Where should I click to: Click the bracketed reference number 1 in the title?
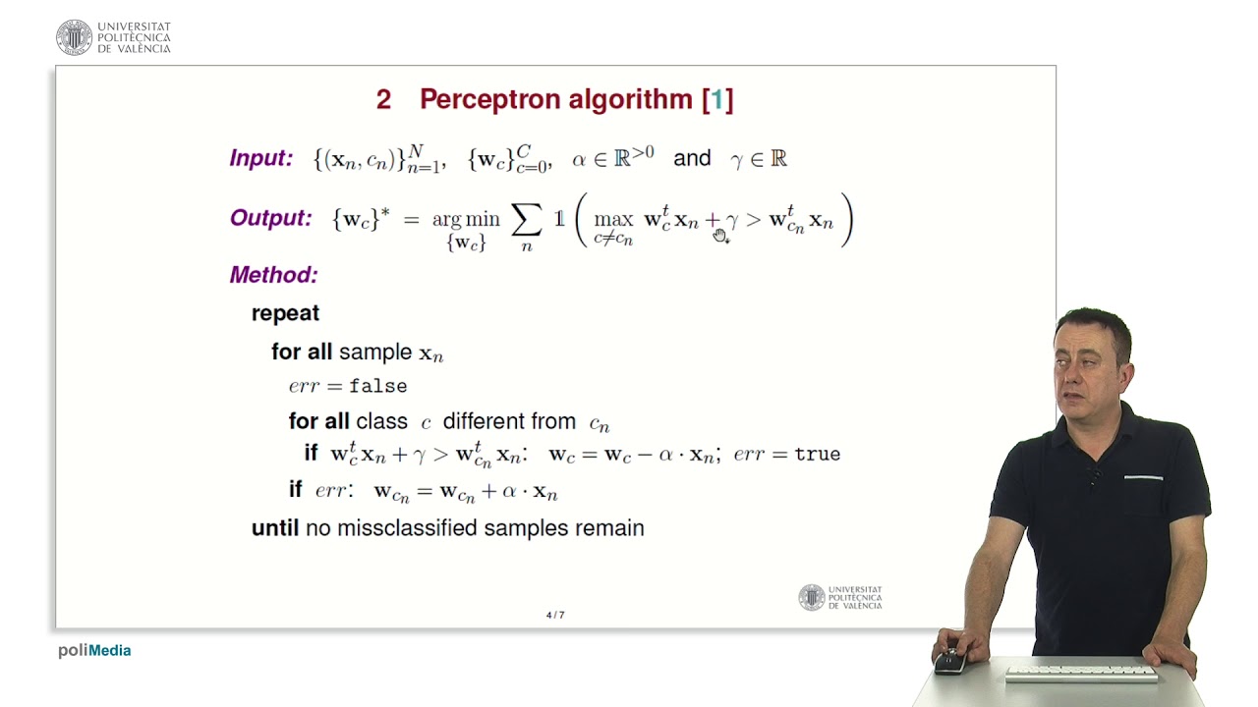(x=717, y=99)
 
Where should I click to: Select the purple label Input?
(x=260, y=158)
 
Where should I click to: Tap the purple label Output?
(x=270, y=218)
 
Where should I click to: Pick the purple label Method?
(x=273, y=275)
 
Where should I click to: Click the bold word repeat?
(x=285, y=313)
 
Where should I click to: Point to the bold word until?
(x=274, y=528)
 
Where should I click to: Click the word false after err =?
(x=377, y=387)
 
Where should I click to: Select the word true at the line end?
(x=817, y=455)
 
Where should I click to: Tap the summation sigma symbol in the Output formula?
(x=527, y=221)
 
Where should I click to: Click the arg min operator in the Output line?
(x=466, y=220)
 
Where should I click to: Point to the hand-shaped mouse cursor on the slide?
(x=720, y=235)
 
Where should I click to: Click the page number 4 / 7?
(x=555, y=616)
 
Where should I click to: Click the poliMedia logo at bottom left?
(x=94, y=650)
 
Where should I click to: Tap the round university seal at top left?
(x=74, y=37)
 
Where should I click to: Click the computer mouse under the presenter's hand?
(x=949, y=662)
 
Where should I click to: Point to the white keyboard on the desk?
(x=1081, y=675)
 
